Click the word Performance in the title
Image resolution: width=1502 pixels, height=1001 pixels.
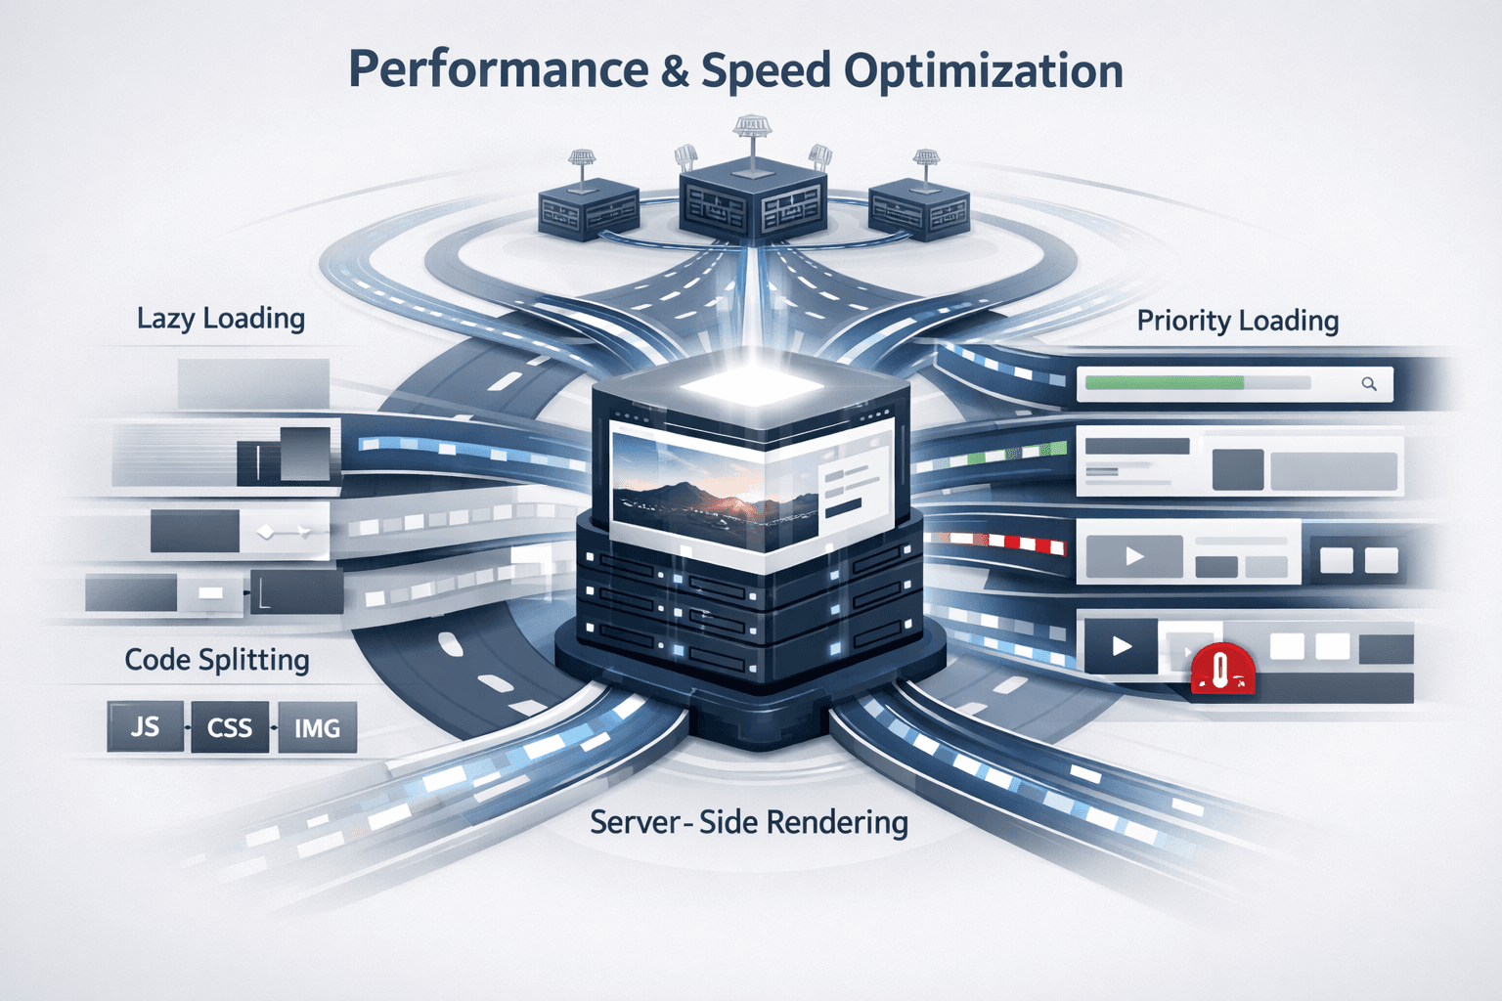[x=497, y=71]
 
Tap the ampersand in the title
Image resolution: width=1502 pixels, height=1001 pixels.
[x=675, y=71]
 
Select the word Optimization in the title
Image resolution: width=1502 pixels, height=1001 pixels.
[x=983, y=71]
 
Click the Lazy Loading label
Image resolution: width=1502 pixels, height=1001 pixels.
[x=221, y=319]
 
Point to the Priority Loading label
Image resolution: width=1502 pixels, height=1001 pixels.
[x=1237, y=321]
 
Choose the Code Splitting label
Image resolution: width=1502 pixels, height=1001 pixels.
[x=217, y=660]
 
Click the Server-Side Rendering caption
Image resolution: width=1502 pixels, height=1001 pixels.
[x=749, y=822]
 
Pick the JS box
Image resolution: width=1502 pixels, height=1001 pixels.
[x=145, y=726]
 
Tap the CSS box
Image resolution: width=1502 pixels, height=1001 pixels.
[x=230, y=728]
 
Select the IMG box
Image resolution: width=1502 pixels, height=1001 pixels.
[x=317, y=728]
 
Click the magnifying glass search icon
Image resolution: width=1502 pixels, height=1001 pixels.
[x=1369, y=384]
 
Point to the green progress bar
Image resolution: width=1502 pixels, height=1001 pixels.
[x=1164, y=383]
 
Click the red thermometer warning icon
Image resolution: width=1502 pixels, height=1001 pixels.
[x=1221, y=671]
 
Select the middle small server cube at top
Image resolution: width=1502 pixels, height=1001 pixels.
[x=751, y=200]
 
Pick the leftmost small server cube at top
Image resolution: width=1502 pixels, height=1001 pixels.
[x=588, y=211]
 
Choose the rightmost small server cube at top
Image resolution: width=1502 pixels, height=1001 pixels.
[x=918, y=211]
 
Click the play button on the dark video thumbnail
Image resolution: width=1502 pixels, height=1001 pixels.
[x=1122, y=646]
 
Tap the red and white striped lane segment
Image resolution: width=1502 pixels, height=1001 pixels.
[x=1007, y=542]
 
